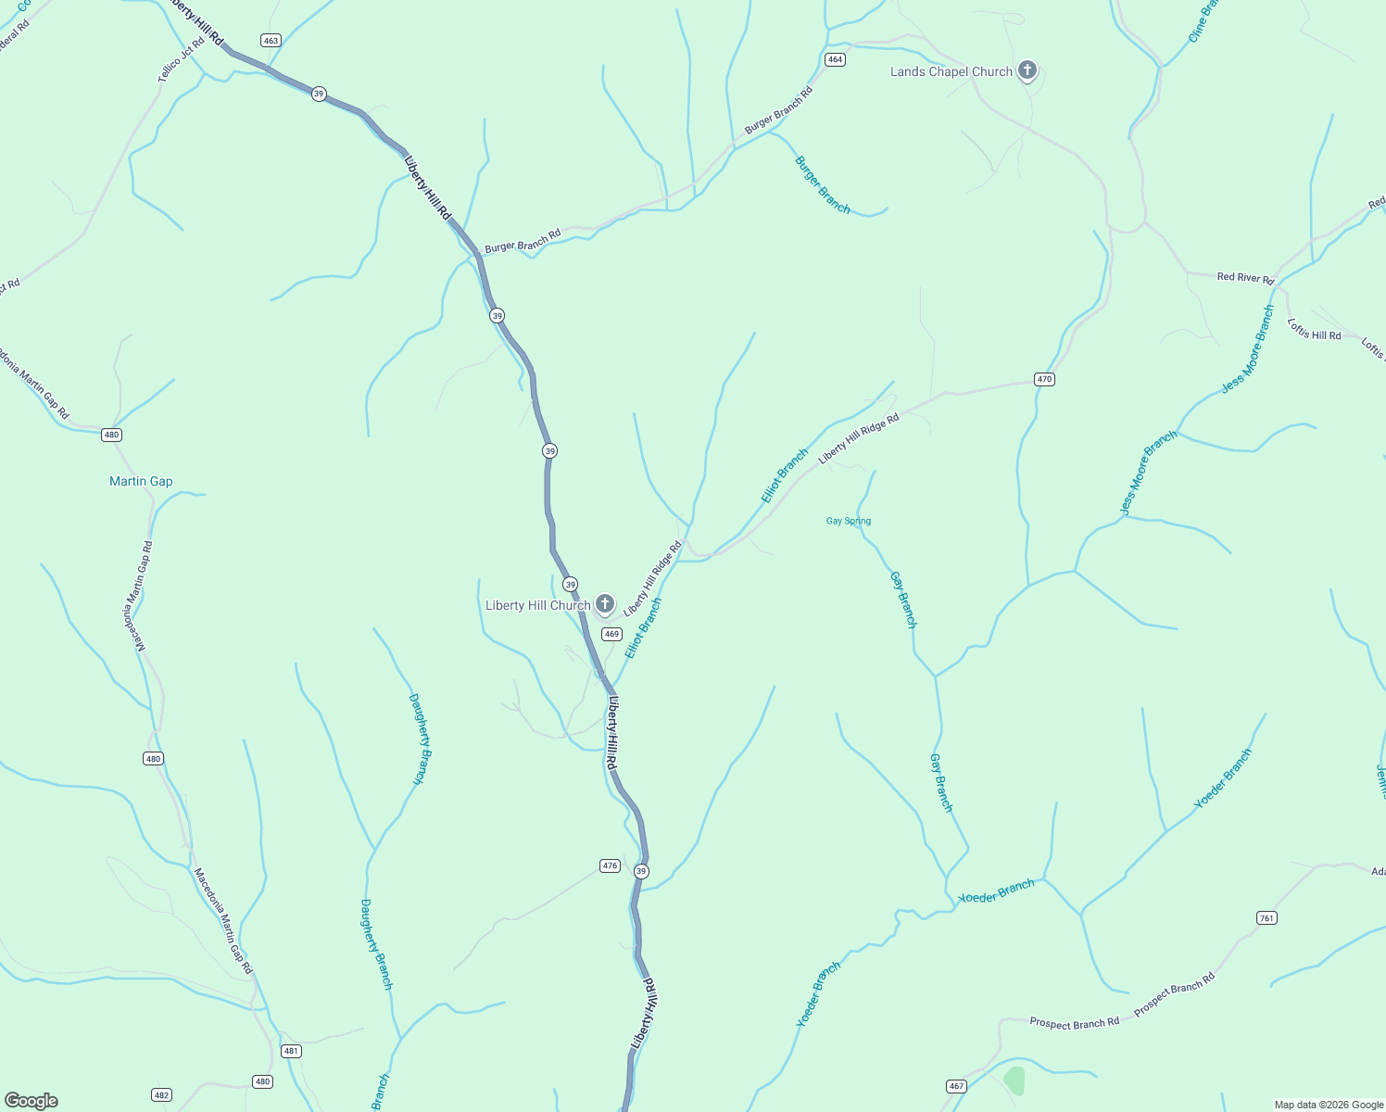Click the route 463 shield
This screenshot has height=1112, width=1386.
271,41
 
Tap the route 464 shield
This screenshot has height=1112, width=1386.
835,59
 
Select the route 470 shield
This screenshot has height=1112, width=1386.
1044,379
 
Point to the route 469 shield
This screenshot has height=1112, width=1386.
611,634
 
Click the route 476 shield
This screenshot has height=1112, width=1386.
610,866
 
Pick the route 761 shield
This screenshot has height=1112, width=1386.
1266,917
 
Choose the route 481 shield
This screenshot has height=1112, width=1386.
292,1051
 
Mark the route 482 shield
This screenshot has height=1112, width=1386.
161,1094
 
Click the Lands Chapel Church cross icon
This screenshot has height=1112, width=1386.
1027,70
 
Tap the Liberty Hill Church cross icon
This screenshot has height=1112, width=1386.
604,604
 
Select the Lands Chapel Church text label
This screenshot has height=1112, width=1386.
951,71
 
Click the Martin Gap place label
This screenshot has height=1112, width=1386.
141,481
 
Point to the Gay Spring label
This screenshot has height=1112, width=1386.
849,521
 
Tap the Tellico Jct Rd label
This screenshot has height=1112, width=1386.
181,60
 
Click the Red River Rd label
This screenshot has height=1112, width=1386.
1245,277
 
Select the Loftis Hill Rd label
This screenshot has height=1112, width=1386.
1314,329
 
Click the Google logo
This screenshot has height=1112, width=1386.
31,1101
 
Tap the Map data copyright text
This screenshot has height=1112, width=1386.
1329,1105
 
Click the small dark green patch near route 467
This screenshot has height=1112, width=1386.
1014,1080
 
